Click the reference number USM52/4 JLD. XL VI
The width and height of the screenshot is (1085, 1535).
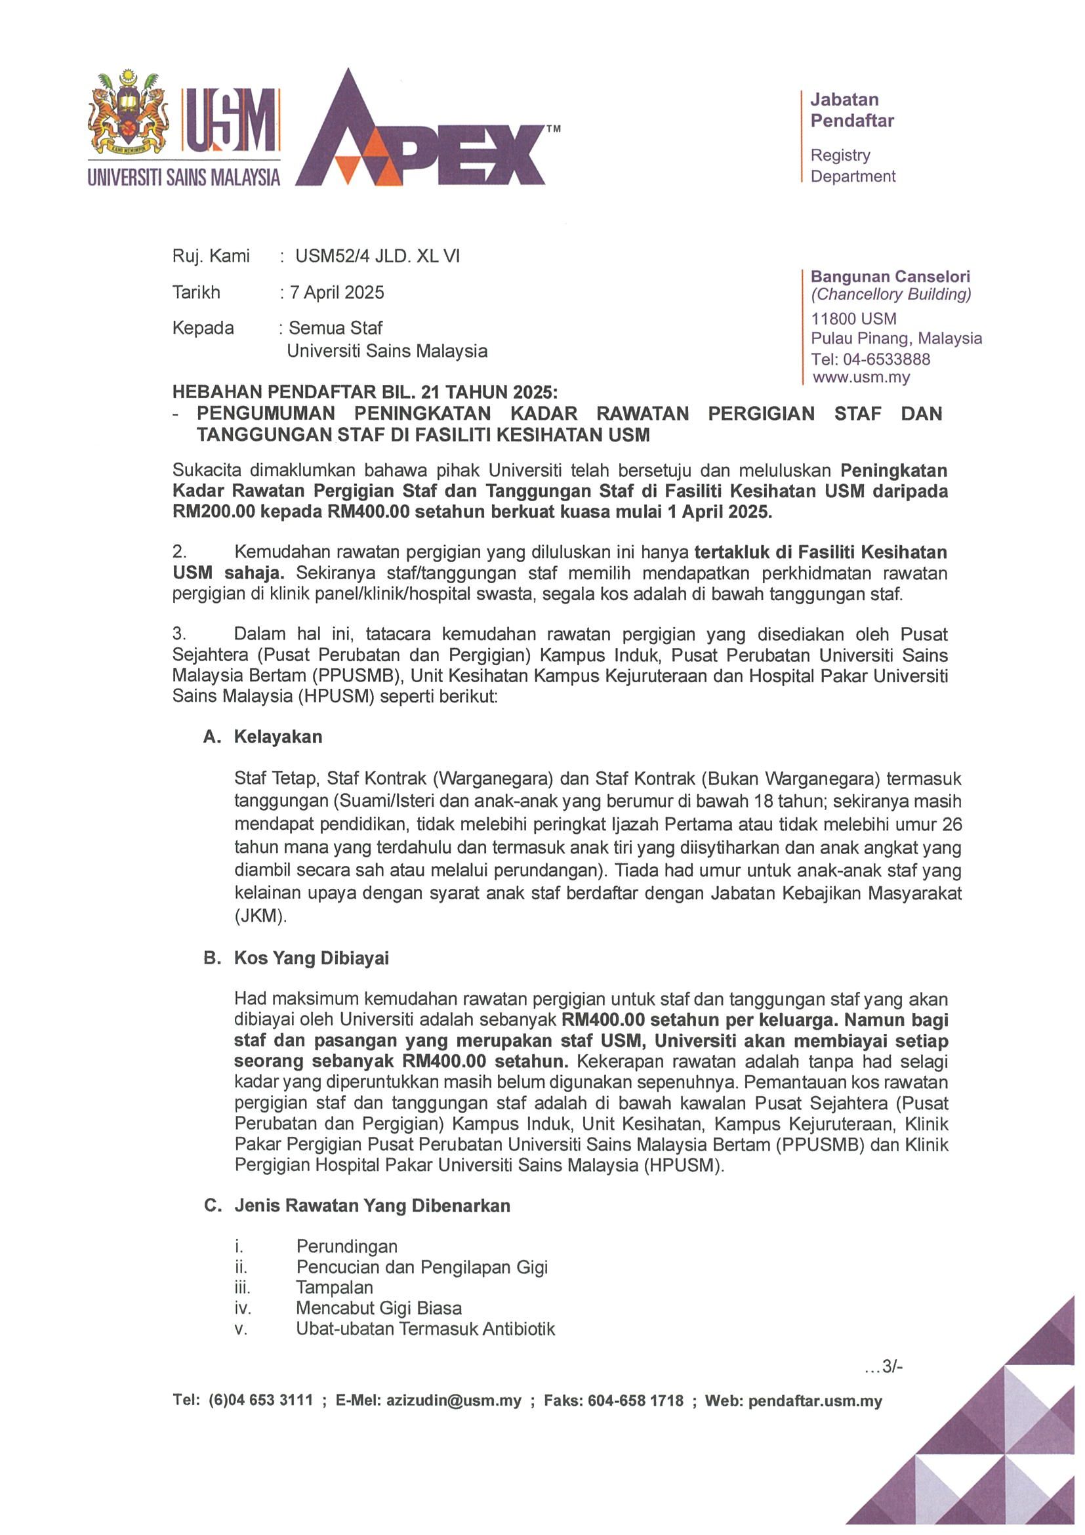(377, 256)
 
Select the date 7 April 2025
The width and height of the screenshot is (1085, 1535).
(337, 292)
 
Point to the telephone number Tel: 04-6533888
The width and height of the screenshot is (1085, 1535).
(870, 359)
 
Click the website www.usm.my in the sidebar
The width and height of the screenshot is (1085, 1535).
(861, 377)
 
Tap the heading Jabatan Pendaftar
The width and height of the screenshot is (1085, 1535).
(851, 110)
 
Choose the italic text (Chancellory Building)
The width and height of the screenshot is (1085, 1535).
(890, 294)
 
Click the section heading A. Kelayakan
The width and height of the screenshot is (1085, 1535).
(263, 737)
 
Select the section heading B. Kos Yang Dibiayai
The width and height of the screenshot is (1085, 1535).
(296, 958)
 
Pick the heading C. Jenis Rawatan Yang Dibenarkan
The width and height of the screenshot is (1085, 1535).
(357, 1206)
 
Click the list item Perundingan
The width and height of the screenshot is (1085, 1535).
(346, 1246)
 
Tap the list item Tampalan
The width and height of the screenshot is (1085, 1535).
(335, 1287)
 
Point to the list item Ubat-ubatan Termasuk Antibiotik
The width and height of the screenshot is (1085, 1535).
(425, 1328)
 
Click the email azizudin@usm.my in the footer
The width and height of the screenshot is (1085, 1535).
(453, 1401)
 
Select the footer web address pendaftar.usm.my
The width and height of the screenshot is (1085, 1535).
(815, 1401)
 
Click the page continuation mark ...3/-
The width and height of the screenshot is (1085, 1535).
(883, 1366)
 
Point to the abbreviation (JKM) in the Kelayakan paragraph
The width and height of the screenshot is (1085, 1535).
(260, 916)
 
